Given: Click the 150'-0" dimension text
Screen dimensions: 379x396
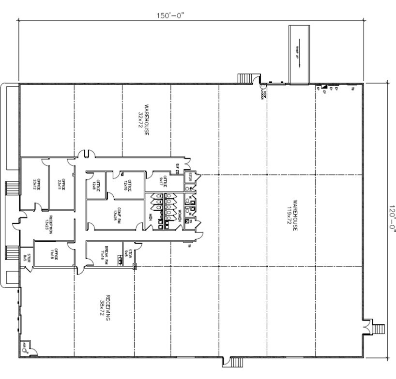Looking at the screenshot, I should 170,15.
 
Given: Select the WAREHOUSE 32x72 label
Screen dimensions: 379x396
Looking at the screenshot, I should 143,118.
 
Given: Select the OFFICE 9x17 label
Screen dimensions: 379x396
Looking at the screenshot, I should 164,182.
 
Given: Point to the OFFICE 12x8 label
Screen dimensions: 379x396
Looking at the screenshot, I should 96,186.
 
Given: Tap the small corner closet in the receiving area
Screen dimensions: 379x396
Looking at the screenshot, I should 24,347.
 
